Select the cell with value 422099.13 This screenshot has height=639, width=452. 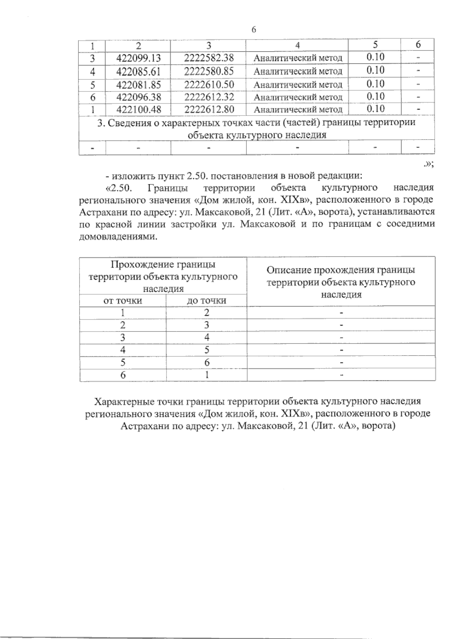[139, 58]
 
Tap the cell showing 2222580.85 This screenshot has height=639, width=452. [209, 71]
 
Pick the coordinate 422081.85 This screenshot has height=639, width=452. [139, 84]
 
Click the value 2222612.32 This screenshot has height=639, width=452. [209, 97]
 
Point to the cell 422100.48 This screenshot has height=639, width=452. [139, 110]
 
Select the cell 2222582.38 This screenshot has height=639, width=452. [209, 58]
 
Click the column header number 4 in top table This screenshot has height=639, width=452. [298, 45]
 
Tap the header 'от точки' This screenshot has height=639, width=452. [123, 300]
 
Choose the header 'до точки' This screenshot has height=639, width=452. [207, 300]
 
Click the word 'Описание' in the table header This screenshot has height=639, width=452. [289, 270]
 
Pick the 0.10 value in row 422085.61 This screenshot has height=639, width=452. [375, 70]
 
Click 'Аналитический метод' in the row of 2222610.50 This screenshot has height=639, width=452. [298, 84]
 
